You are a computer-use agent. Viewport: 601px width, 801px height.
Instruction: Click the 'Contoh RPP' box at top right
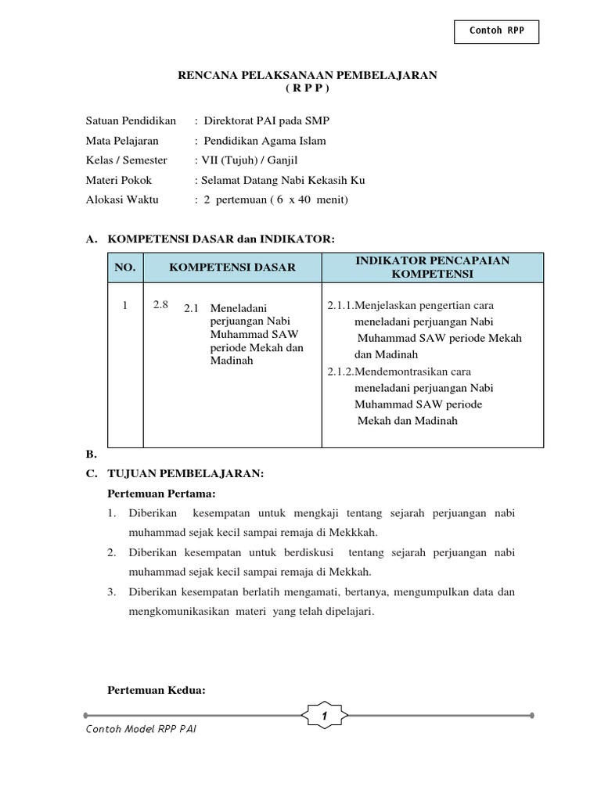click(x=496, y=31)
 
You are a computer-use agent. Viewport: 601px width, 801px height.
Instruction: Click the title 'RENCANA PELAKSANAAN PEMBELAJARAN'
click(x=308, y=75)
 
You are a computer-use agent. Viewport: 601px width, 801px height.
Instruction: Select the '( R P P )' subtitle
click(x=308, y=88)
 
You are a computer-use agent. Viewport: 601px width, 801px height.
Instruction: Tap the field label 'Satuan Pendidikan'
click(x=131, y=121)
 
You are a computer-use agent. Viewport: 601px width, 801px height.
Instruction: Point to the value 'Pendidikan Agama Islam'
click(x=265, y=141)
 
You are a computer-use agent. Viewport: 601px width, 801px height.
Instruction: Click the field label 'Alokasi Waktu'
click(x=122, y=199)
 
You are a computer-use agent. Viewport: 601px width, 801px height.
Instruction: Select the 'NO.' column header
click(x=125, y=268)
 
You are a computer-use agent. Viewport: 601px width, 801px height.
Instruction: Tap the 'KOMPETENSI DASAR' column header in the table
click(x=232, y=268)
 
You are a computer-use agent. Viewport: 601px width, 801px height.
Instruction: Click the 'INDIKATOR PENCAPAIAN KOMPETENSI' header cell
click(x=432, y=268)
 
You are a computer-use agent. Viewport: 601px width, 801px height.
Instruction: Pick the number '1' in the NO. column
click(x=124, y=305)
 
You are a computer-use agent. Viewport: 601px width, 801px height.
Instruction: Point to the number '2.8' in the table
click(x=160, y=305)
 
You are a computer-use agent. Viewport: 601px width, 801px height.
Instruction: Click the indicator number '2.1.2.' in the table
click(x=340, y=372)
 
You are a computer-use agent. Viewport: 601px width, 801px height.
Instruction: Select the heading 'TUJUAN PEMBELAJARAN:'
click(x=185, y=474)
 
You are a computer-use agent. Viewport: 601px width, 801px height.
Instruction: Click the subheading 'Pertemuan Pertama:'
click(x=160, y=494)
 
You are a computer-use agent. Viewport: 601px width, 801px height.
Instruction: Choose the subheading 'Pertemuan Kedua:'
click(x=156, y=690)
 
